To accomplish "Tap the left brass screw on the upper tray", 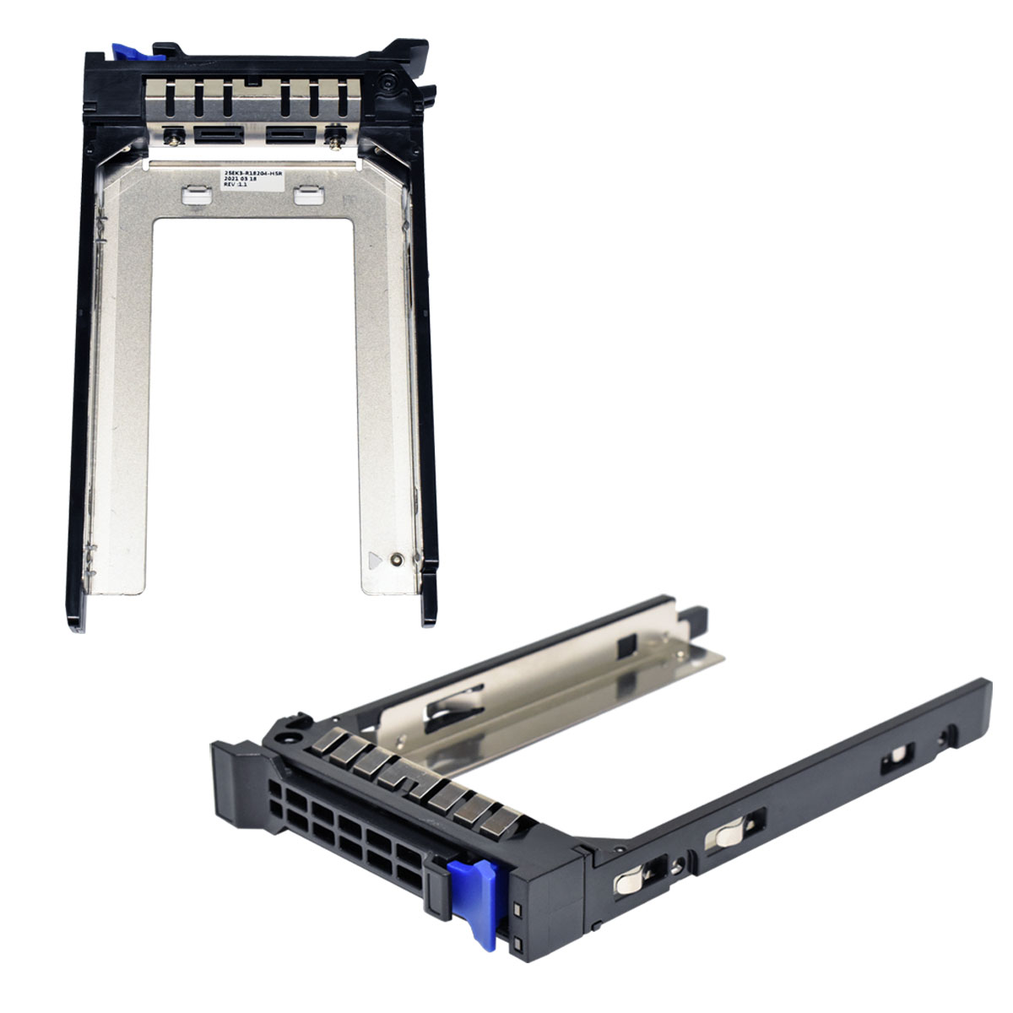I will (x=175, y=134).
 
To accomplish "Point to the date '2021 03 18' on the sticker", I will (x=239, y=183).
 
